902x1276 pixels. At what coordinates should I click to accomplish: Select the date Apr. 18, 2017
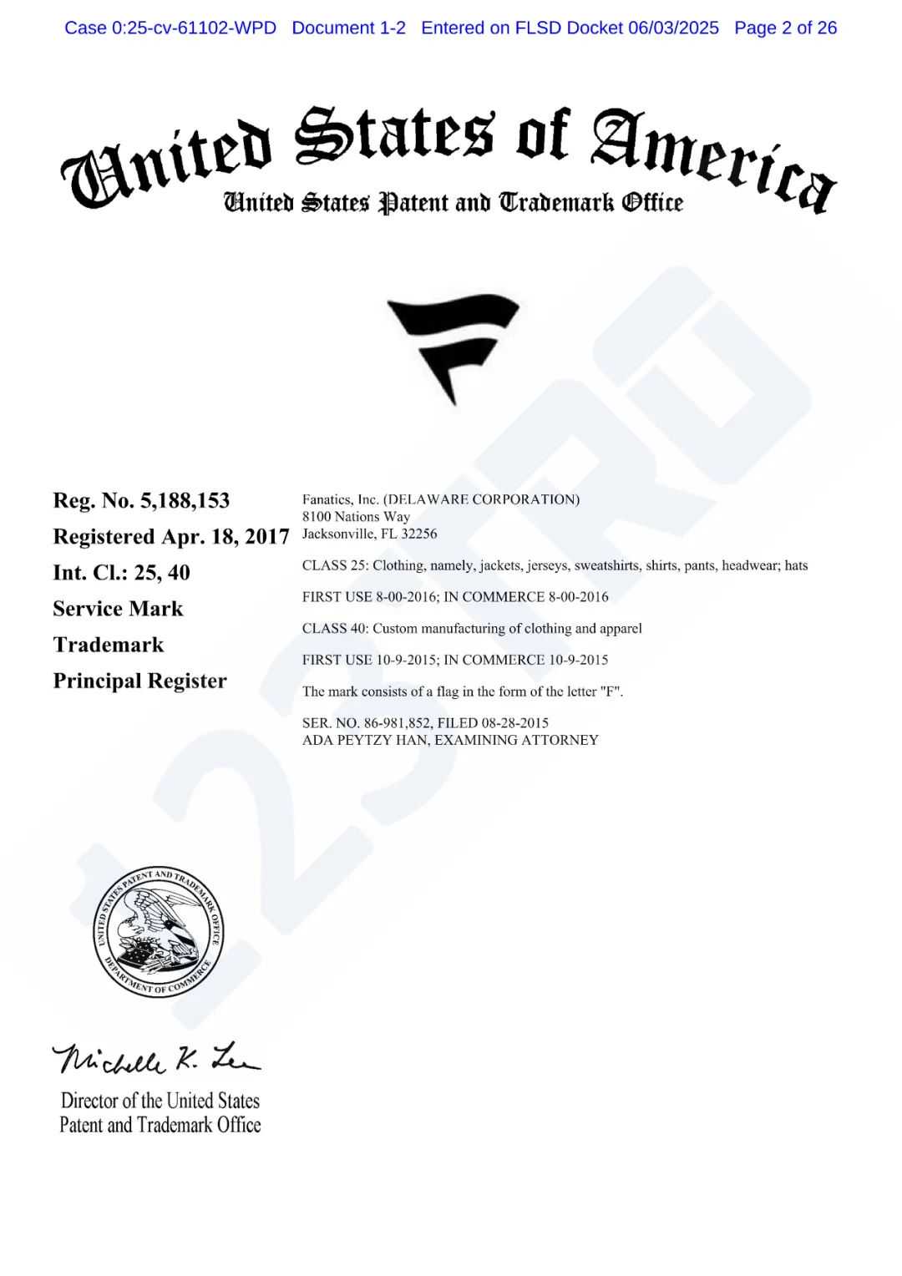pyautogui.click(x=225, y=536)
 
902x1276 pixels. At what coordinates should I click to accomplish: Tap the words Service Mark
pyautogui.click(x=118, y=609)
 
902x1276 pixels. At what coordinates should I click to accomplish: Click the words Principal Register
pyautogui.click(x=139, y=681)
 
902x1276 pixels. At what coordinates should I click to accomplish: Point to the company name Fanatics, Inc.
pyautogui.click(x=340, y=499)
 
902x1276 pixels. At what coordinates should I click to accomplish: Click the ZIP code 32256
pyautogui.click(x=418, y=534)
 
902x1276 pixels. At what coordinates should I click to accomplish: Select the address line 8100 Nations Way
pyautogui.click(x=356, y=517)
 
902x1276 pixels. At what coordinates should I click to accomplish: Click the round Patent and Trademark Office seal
pyautogui.click(x=158, y=932)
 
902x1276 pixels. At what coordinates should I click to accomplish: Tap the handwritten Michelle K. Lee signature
pyautogui.click(x=156, y=1059)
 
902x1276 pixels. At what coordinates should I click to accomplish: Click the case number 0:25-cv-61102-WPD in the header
pyautogui.click(x=193, y=28)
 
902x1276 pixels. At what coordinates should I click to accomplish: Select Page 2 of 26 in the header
pyautogui.click(x=785, y=28)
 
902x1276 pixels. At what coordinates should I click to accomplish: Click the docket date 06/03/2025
pyautogui.click(x=673, y=28)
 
